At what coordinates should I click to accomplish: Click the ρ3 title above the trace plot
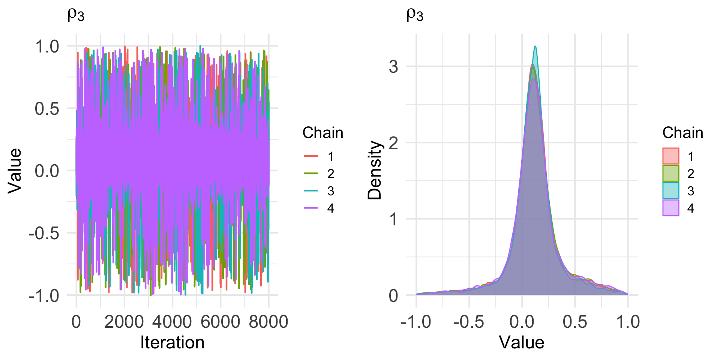tap(76, 15)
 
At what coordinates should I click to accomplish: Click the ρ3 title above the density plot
tap(415, 15)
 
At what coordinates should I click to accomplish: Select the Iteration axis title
tap(172, 343)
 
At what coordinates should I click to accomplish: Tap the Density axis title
tap(375, 170)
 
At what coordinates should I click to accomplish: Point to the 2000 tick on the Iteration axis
tap(124, 322)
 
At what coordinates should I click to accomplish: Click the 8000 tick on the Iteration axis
tap(268, 322)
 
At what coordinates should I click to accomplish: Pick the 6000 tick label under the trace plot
tap(220, 322)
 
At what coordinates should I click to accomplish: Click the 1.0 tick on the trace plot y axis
tap(47, 46)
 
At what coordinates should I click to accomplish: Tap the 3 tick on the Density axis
tap(393, 67)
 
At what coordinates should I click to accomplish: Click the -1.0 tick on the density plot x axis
tap(415, 322)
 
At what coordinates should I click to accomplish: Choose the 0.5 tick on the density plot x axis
tap(575, 322)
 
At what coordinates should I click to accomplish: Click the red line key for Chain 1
tap(310, 156)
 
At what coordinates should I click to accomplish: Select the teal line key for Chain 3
tap(310, 191)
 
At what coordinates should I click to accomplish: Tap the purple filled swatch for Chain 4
tap(671, 208)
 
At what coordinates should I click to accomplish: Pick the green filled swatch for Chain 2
tap(671, 173)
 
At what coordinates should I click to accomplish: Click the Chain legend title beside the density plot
tap(682, 133)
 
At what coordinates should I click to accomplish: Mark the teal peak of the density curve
tap(535, 46)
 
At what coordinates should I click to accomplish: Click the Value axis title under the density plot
tap(521, 343)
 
